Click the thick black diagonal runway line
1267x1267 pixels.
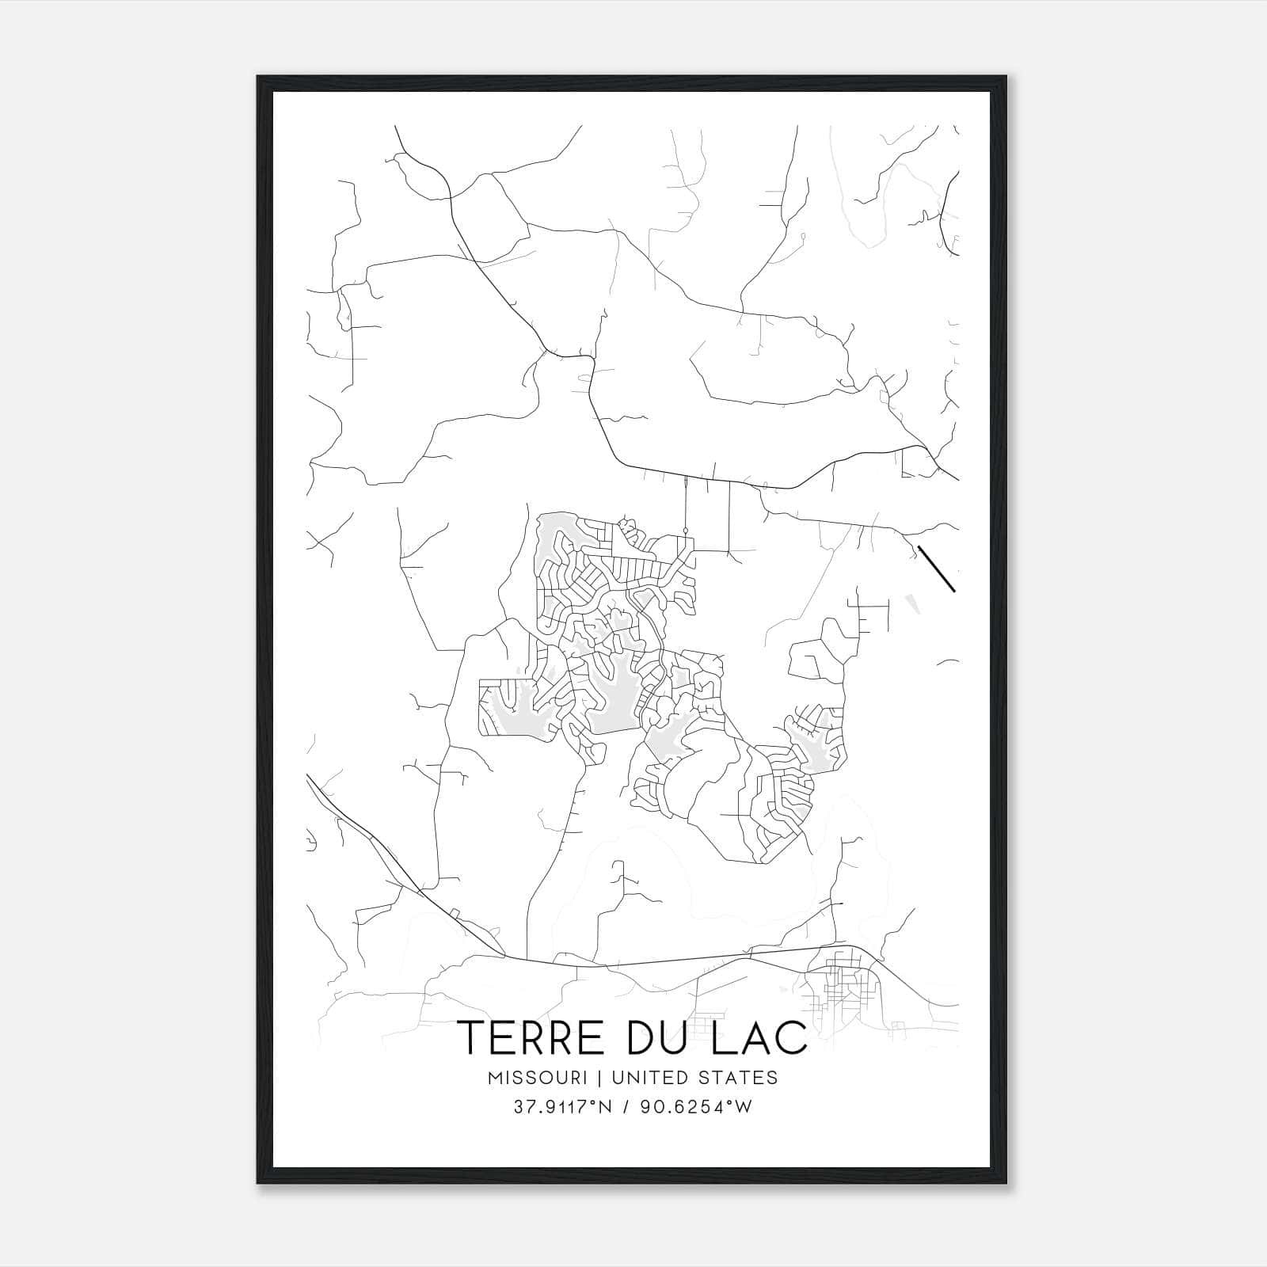coord(936,569)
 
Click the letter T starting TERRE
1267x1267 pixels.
coord(473,1037)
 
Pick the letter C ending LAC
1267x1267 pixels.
coord(793,1037)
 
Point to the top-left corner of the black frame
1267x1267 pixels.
coord(258,77)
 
